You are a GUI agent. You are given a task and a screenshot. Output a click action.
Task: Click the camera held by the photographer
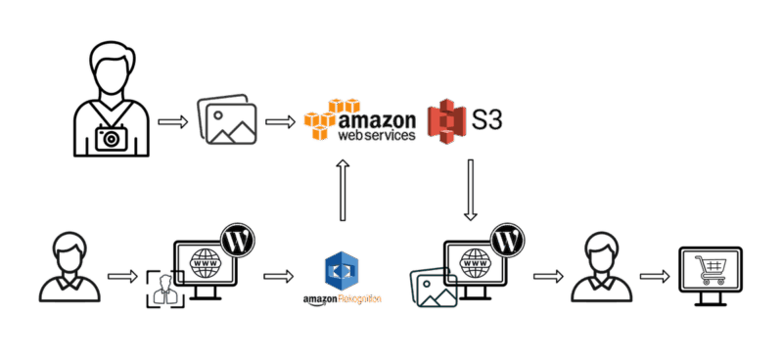pos(112,138)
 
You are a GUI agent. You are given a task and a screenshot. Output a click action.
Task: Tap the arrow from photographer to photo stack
pos(173,122)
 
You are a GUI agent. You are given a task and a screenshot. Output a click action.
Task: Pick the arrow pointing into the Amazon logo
pos(279,122)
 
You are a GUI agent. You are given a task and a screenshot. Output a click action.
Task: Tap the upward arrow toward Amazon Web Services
pos(342,192)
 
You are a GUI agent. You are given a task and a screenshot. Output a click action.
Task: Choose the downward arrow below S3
pos(470,189)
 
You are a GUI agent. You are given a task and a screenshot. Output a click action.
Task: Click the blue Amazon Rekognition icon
pos(343,270)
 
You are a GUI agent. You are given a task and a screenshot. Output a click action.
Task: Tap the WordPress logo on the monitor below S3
pos(505,238)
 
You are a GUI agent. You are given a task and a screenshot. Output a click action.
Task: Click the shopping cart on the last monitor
pos(711,266)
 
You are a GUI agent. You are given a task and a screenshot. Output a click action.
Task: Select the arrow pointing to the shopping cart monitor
pos(652,276)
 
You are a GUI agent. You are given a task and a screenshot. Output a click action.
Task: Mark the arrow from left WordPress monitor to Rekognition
pos(278,276)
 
